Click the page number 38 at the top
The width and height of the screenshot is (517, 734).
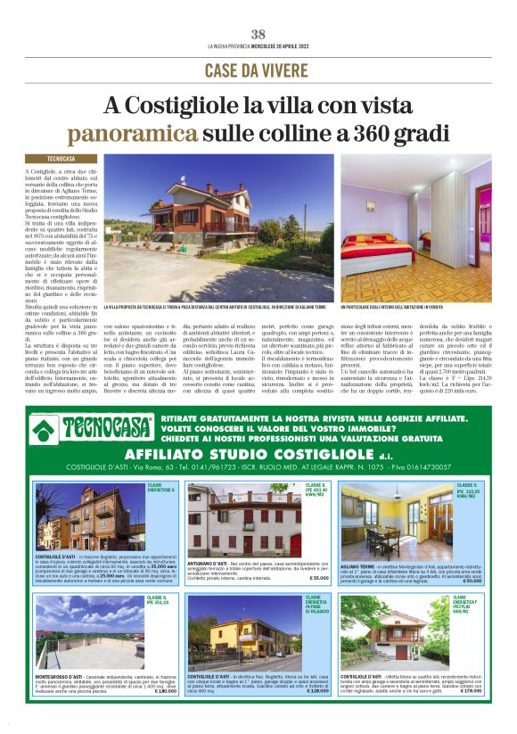point(258,34)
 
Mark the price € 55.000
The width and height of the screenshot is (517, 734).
point(319,579)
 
